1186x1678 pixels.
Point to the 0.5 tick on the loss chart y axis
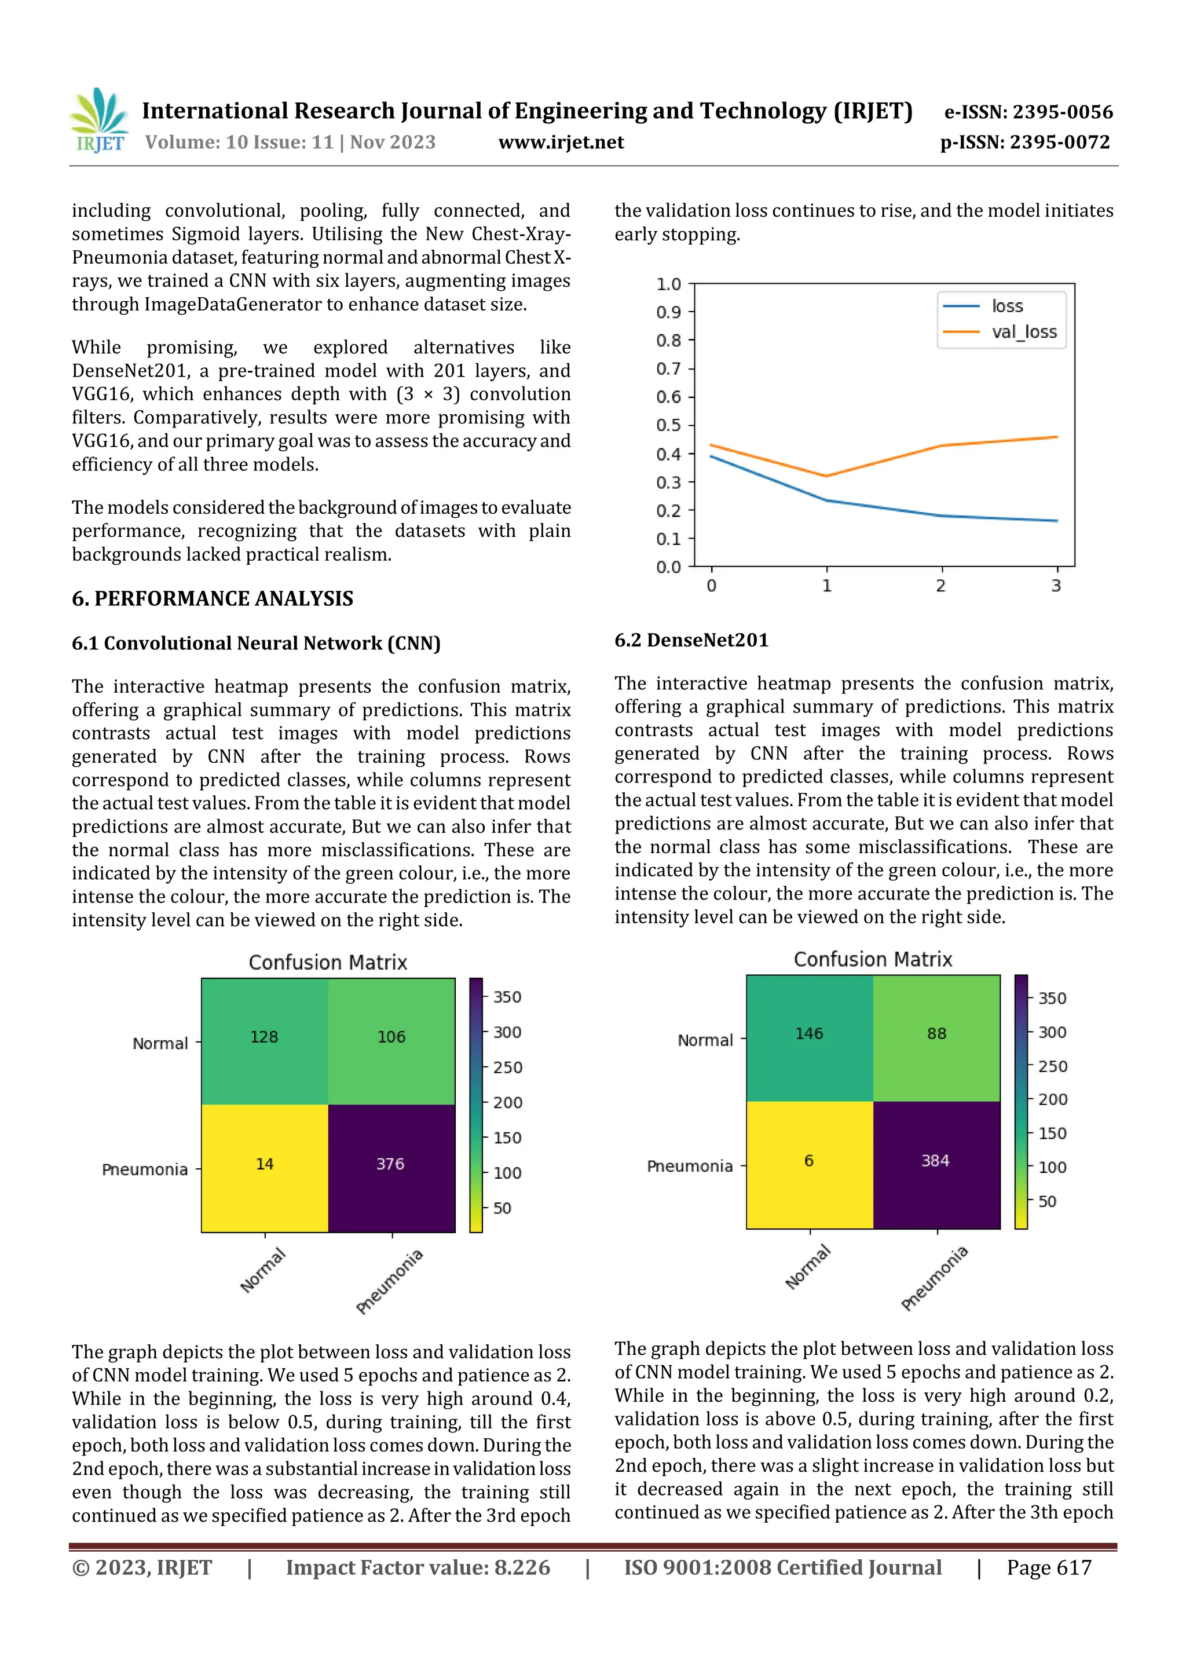point(669,425)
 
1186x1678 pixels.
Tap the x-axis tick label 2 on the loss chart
point(940,586)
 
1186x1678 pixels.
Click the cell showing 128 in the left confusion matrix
point(264,1037)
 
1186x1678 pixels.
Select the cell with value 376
point(390,1164)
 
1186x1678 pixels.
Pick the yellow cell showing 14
point(265,1164)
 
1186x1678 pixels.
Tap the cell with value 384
point(935,1161)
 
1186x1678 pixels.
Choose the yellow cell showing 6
point(809,1161)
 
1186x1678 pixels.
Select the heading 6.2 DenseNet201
point(691,640)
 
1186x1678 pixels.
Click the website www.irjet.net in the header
point(561,142)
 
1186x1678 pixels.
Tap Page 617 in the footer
point(1049,1567)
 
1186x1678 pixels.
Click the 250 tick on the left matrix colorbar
point(507,1068)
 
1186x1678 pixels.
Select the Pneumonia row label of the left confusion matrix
point(145,1169)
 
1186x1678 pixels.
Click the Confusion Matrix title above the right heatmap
point(873,959)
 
